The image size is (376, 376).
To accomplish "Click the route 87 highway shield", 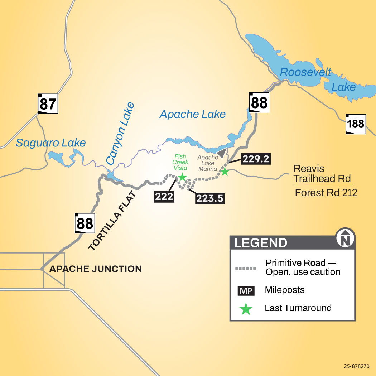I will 48,103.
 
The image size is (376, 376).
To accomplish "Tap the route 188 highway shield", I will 356,124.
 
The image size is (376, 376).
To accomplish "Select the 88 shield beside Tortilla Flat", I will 85,223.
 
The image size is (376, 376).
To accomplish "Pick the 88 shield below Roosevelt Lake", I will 259,102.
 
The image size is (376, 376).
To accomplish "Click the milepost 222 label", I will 164,197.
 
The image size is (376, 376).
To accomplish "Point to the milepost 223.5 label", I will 210,198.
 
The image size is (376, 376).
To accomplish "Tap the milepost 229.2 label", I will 256,159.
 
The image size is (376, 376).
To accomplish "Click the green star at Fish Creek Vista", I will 183,177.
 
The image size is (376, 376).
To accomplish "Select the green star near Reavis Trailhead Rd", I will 225,172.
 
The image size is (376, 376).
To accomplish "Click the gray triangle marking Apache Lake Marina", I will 223,153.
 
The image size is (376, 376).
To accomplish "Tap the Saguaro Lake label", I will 51,143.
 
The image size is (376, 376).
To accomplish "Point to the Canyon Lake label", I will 120,134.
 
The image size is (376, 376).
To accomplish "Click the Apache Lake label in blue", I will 193,114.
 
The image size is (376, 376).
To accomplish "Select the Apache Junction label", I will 95,269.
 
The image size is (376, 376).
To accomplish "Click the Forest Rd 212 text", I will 326,193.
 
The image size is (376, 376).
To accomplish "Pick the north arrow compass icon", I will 346,238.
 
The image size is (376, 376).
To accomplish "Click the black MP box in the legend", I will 246,290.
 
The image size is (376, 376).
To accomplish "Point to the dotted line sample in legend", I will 246,268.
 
